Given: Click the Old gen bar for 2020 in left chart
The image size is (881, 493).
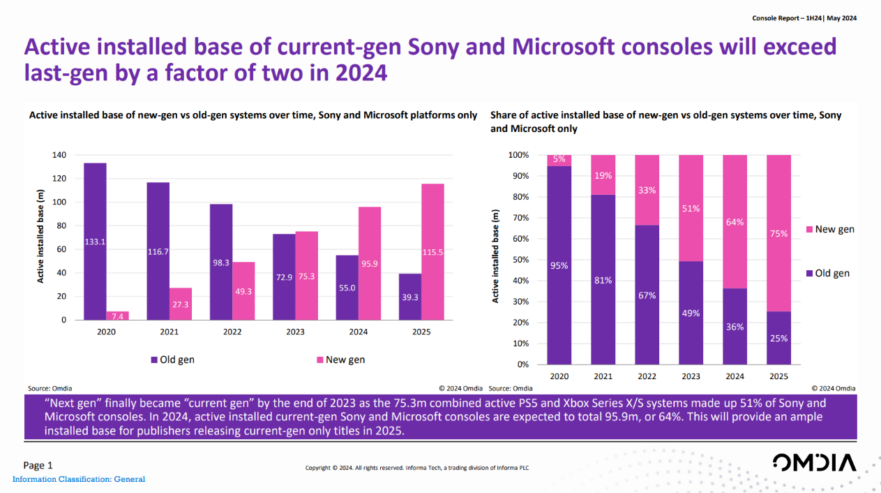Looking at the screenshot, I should pos(95,241).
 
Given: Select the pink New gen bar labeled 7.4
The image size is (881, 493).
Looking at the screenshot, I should pos(117,316).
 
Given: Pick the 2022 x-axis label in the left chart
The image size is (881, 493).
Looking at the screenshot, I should pos(232,332).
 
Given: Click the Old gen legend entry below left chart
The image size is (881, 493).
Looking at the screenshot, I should pos(172,360).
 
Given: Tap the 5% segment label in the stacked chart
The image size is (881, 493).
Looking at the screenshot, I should pos(559,159).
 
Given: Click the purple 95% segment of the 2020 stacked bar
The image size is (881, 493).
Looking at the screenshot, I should pos(559,265).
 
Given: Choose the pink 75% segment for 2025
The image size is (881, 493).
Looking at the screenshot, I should pos(779,233).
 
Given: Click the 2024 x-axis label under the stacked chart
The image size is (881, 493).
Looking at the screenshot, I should pos(735,376).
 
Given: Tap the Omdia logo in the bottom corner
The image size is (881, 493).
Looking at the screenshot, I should pos(814,463).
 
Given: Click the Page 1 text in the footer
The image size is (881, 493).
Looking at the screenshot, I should pos(38,465).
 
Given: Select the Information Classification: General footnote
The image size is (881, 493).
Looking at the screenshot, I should pos(79,479).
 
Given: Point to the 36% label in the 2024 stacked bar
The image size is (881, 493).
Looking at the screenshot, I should pos(735,327).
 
